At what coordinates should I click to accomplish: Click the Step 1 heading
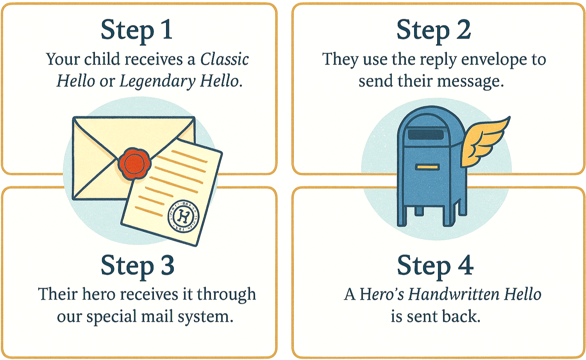click(x=137, y=30)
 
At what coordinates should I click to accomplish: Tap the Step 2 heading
click(x=434, y=30)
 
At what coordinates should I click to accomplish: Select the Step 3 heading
click(x=138, y=266)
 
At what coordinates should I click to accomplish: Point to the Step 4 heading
click(x=435, y=266)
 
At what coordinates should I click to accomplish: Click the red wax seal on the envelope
click(x=134, y=163)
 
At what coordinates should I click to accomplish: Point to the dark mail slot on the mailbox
click(x=425, y=135)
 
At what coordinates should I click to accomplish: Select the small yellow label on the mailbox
click(x=427, y=167)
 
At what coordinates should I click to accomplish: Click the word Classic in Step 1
click(x=225, y=59)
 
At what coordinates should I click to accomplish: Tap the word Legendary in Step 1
click(x=157, y=82)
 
